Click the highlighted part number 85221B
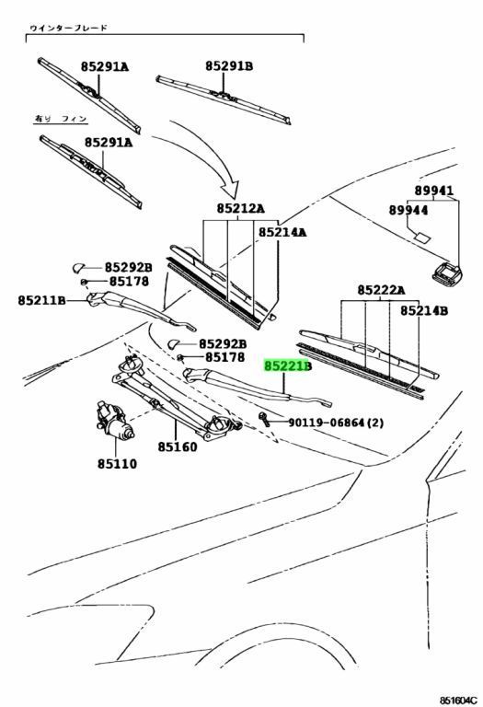[x=287, y=365]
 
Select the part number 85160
[x=178, y=446]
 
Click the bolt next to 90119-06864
[x=264, y=420]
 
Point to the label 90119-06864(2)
[x=336, y=423]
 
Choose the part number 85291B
[x=229, y=66]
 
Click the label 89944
[x=408, y=210]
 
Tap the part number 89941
[x=434, y=191]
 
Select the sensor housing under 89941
[x=447, y=272]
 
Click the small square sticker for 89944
[x=422, y=238]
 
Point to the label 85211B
[x=42, y=300]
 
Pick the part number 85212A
[x=241, y=208]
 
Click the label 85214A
[x=282, y=232]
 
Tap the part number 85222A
[x=381, y=290]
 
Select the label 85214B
[x=424, y=310]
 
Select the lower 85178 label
[x=224, y=357]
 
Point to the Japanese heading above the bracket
[x=68, y=28]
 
